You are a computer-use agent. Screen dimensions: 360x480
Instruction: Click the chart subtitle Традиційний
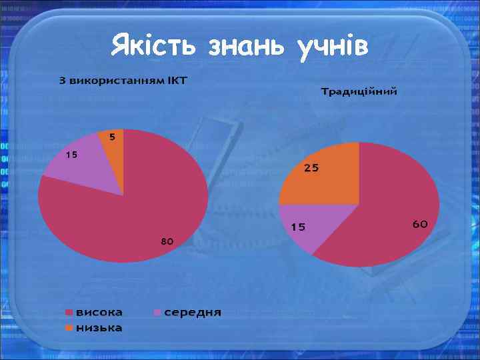click(359, 91)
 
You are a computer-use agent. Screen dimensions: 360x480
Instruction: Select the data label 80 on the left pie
click(167, 241)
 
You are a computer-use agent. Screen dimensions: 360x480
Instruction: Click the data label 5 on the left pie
click(112, 137)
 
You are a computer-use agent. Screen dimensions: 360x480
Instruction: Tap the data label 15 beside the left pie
click(71, 155)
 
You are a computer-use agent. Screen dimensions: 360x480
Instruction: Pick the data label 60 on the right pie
click(419, 224)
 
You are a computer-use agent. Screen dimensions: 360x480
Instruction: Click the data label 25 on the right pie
click(311, 168)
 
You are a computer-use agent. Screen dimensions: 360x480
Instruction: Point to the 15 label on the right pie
click(297, 227)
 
